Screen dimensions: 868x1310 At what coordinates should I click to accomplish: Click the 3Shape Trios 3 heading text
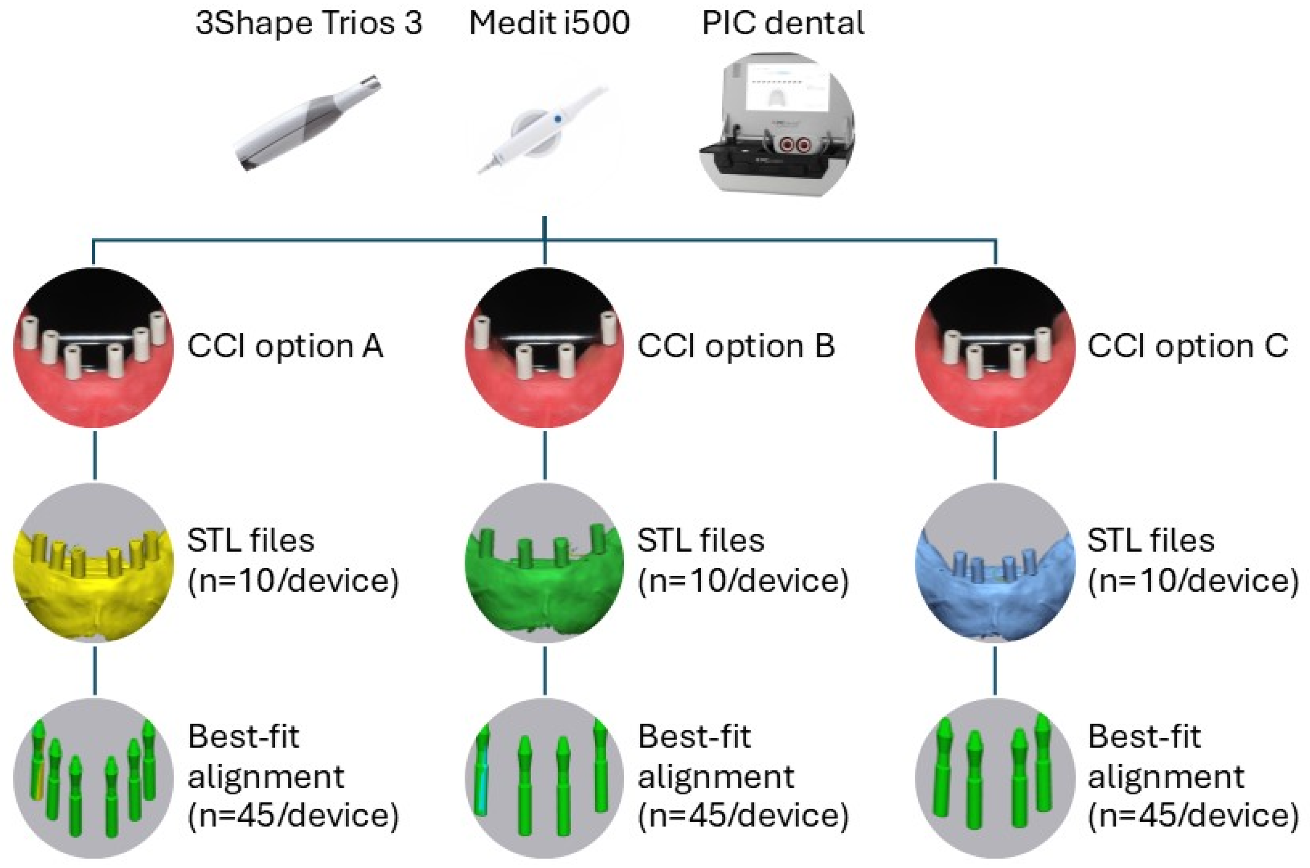pos(309,23)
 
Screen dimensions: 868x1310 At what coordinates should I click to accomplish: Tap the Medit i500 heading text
pos(549,23)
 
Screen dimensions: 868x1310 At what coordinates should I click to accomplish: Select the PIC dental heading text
pos(783,23)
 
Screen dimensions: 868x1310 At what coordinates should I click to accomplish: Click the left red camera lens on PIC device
pos(785,146)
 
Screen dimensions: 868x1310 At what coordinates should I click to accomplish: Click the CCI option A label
pos(285,347)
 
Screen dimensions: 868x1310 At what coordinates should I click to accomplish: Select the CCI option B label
pos(735,347)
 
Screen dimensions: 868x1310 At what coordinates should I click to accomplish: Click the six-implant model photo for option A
pos(93,347)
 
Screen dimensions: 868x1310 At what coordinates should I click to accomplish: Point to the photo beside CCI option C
pos(995,347)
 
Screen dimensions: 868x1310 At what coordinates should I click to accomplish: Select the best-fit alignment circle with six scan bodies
pos(93,778)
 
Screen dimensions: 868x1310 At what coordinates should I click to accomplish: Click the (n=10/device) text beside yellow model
pos(293,581)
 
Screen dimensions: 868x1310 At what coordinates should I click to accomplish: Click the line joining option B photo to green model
pos(545,454)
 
